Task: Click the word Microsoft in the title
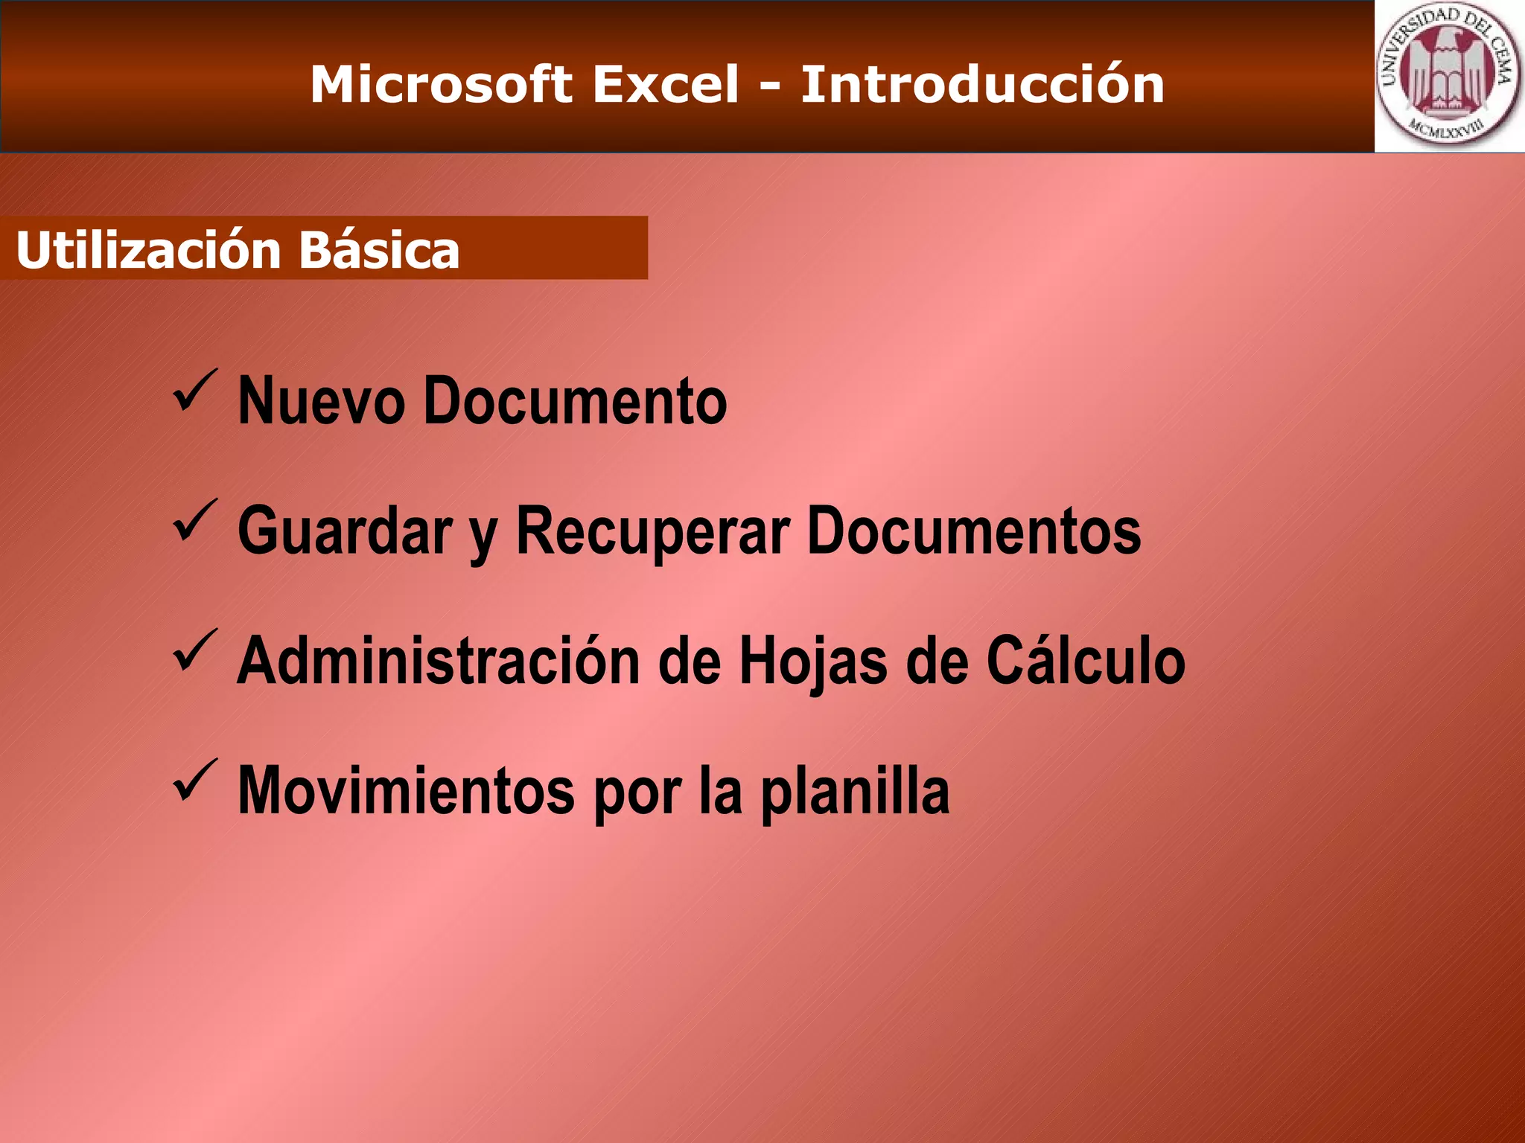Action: pos(441,84)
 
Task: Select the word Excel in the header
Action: pos(665,84)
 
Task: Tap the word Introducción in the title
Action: pos(982,84)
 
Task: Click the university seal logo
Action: pos(1448,76)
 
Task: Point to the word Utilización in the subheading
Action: pos(147,250)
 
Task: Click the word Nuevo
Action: pos(321,401)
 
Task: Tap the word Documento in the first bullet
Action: pos(575,401)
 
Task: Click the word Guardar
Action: pos(345,531)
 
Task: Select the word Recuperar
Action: pos(652,531)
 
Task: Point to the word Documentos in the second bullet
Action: pos(974,531)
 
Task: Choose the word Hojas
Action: pos(812,661)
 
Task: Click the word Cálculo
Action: pos(1086,661)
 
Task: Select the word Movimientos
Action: pos(406,791)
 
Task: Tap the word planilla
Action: pos(854,791)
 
